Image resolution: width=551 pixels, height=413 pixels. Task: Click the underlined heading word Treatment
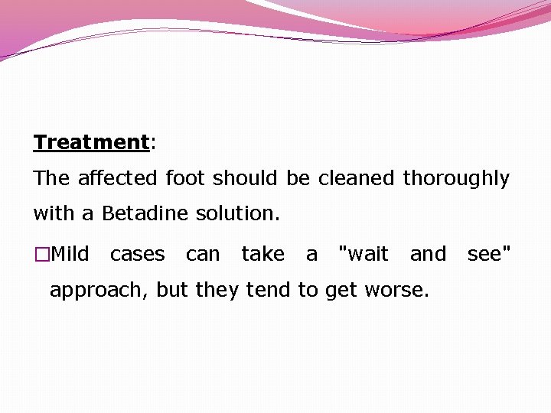click(x=90, y=142)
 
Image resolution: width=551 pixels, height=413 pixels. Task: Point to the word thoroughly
click(x=456, y=179)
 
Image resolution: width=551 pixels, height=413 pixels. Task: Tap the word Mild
click(x=70, y=254)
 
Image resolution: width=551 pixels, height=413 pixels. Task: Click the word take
click(x=262, y=254)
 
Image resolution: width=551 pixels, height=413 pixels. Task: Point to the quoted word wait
click(x=364, y=254)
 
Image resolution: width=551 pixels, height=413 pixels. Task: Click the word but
click(x=172, y=290)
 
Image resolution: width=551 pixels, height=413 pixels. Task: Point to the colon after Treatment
click(x=152, y=143)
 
